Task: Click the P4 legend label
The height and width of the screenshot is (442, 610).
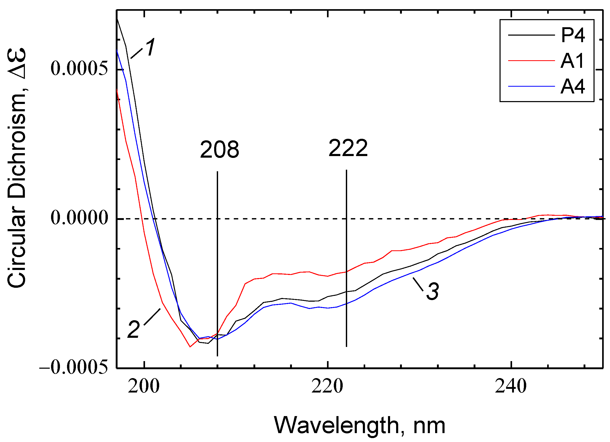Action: [x=573, y=35]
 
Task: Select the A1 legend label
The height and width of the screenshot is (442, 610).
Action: [x=572, y=61]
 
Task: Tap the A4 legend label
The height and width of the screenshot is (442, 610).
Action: [x=573, y=87]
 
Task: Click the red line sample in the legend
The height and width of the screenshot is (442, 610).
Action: [x=531, y=61]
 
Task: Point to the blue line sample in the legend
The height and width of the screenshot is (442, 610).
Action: [x=531, y=86]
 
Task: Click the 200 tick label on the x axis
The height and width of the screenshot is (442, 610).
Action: [x=144, y=386]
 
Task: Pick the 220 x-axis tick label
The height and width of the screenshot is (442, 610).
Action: [x=327, y=386]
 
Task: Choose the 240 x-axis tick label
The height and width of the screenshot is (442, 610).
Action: [x=511, y=386]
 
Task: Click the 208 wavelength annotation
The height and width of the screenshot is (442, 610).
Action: [x=219, y=150]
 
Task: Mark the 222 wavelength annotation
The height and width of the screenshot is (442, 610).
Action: [x=348, y=148]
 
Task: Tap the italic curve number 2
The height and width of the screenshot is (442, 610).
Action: [x=134, y=330]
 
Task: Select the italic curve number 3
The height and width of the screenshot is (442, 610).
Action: [x=433, y=291]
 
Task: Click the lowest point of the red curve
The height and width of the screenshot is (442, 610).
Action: [x=190, y=347]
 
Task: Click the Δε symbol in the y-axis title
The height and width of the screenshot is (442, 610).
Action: [x=17, y=64]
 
